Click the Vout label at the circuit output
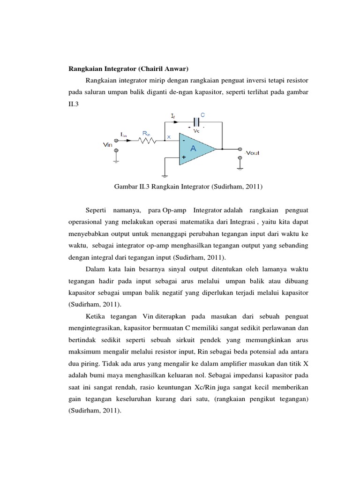(x=253, y=153)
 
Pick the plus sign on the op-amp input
(x=184, y=158)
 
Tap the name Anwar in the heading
(x=175, y=69)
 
